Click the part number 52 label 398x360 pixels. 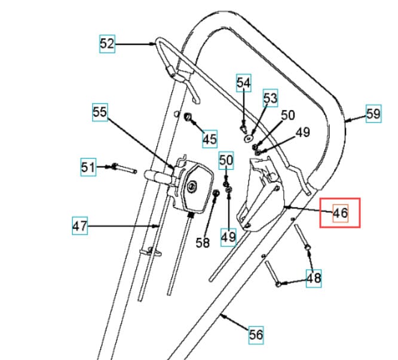tap(107, 44)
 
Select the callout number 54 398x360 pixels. tap(244, 83)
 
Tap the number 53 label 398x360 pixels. tap(270, 98)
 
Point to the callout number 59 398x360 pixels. tap(373, 114)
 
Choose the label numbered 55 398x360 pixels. tap(100, 112)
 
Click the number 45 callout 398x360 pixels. tap(210, 139)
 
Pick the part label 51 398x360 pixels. tap(88, 167)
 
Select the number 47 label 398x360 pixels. tap(80, 225)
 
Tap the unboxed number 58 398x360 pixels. tap(203, 243)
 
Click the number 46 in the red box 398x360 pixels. tap(341, 213)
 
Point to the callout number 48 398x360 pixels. tap(314, 279)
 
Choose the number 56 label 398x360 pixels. tap(256, 335)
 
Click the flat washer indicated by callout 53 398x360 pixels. tap(248, 139)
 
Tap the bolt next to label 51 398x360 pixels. tap(124, 169)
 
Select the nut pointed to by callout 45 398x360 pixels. tap(188, 117)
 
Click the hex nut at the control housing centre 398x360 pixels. tap(191, 187)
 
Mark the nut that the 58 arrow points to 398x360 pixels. tap(216, 193)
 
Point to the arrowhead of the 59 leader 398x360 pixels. tap(348, 120)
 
